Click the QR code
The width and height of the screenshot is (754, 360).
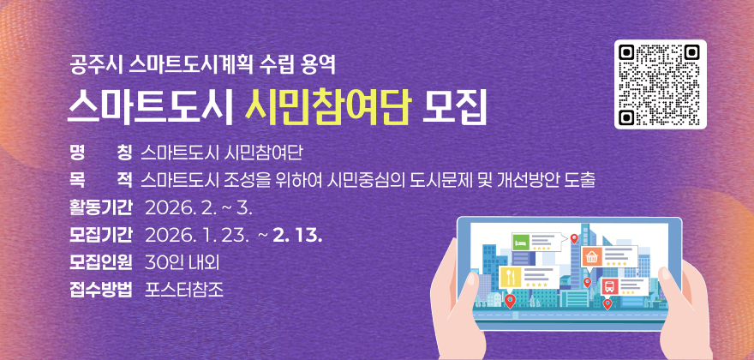tap(660, 84)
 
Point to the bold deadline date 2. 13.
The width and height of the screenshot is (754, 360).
tap(297, 234)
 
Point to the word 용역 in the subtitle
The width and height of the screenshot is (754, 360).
tap(324, 63)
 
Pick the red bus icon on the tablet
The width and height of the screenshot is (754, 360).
tap(610, 286)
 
